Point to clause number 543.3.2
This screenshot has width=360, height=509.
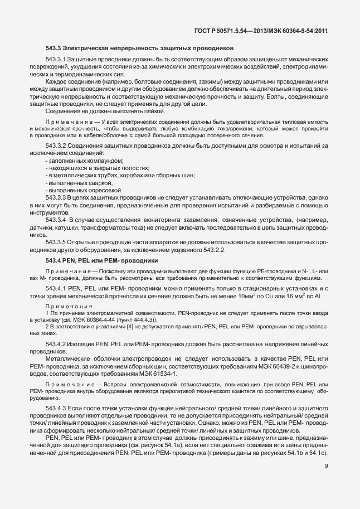[56, 146]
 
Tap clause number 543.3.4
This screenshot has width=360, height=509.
[56, 221]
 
